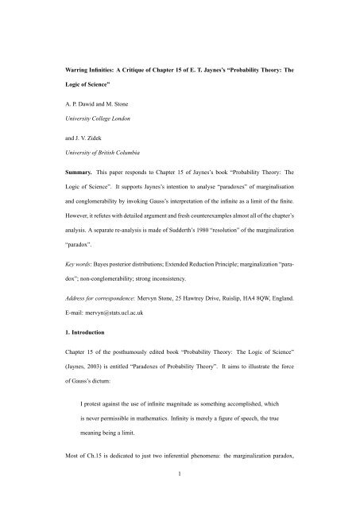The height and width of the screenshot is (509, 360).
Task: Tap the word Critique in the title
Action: pos(137,56)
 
